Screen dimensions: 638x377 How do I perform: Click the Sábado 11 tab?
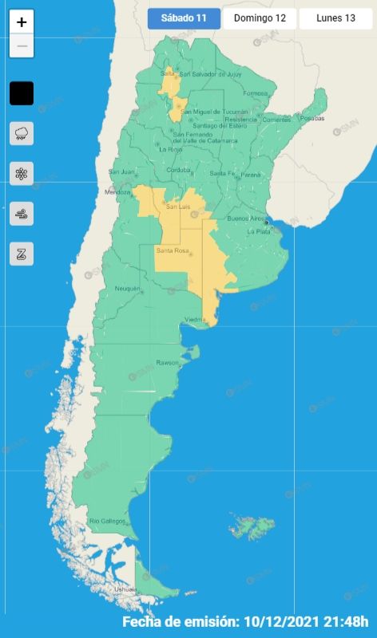184,18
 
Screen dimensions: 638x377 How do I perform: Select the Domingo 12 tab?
260,18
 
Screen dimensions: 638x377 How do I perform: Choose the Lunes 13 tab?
335,18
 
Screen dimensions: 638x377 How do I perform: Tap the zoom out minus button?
22,45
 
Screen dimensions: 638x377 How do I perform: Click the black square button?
22,93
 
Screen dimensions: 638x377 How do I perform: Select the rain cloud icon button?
22,133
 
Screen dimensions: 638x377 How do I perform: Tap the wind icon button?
22,214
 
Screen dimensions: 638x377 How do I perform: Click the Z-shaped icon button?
22,254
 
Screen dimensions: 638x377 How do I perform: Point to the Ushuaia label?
104,589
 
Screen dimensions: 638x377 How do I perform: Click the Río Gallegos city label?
108,521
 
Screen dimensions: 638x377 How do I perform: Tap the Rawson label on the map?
168,363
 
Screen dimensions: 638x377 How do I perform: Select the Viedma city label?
196,320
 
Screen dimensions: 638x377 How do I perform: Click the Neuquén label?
128,288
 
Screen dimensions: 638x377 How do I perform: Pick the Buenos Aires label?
246,218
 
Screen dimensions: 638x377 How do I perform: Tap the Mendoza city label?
117,192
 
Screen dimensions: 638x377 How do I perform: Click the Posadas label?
312,118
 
